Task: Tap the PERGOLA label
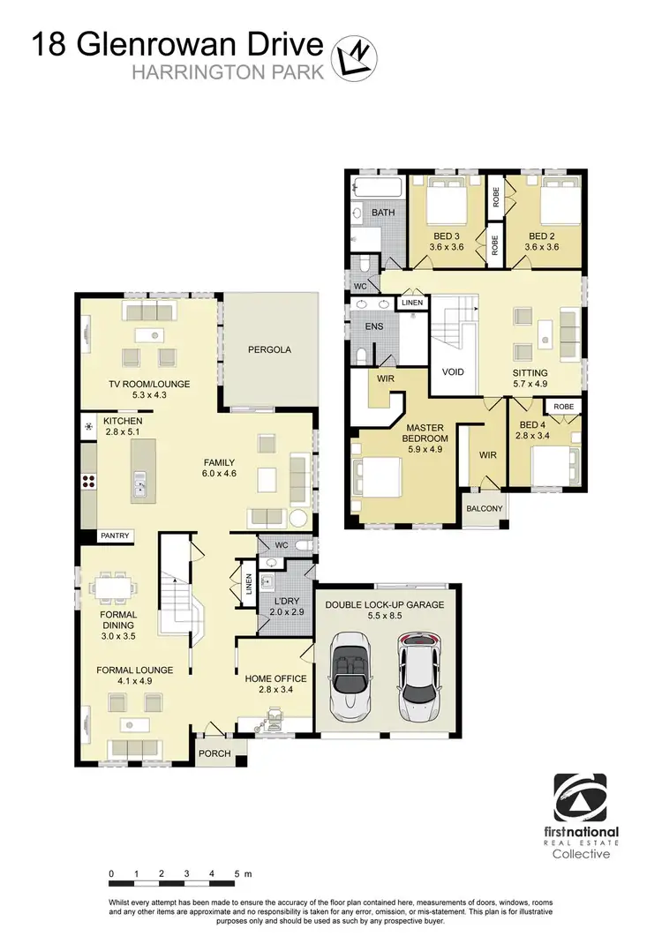coord(268,350)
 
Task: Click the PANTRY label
coord(115,535)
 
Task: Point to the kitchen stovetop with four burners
coord(89,481)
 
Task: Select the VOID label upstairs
coord(453,372)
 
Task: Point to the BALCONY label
coord(485,508)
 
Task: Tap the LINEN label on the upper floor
coord(412,303)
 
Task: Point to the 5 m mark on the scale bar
coord(237,874)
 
